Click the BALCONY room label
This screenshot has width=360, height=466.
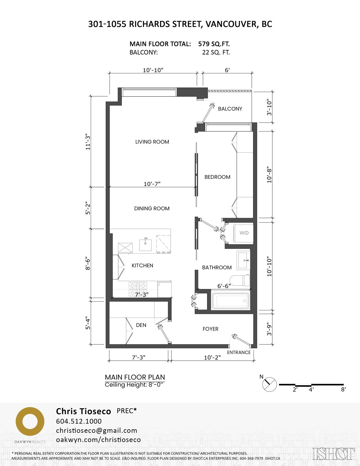pyautogui.click(x=230, y=109)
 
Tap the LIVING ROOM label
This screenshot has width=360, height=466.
pyautogui.click(x=152, y=142)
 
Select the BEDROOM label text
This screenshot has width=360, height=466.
pyautogui.click(x=217, y=177)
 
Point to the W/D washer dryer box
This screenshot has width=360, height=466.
pyautogui.click(x=244, y=233)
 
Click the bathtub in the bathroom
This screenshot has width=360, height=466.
pyautogui.click(x=230, y=301)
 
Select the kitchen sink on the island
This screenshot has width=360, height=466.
pyautogui.click(x=145, y=245)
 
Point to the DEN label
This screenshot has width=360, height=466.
pyautogui.click(x=141, y=325)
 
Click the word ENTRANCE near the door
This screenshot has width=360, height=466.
pyautogui.click(x=239, y=353)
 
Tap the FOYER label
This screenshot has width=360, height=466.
pyautogui.click(x=210, y=329)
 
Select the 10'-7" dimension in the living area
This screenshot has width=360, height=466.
pyautogui.click(x=152, y=184)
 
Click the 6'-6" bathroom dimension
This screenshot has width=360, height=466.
pyautogui.click(x=224, y=286)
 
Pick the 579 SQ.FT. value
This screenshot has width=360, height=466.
pyautogui.click(x=214, y=44)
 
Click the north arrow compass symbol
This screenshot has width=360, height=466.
pyautogui.click(x=269, y=384)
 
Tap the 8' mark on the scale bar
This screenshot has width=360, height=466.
pyautogui.click(x=343, y=389)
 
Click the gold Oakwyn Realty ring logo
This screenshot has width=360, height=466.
pyautogui.click(x=30, y=422)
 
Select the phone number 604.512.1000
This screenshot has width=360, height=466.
pyautogui.click(x=79, y=421)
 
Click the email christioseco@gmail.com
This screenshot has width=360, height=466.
pyautogui.click(x=96, y=431)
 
